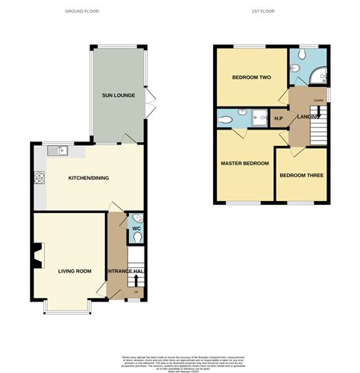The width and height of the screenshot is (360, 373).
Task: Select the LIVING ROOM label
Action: click(x=75, y=271)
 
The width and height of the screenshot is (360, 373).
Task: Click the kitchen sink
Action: click(x=57, y=151)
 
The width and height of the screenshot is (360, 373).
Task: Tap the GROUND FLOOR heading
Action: click(x=82, y=11)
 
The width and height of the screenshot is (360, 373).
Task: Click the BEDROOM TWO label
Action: click(x=249, y=77)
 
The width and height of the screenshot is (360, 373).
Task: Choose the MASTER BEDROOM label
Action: click(x=244, y=163)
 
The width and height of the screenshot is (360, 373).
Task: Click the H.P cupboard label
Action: click(x=279, y=119)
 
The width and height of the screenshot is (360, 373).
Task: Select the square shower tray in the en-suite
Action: click(x=261, y=118)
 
